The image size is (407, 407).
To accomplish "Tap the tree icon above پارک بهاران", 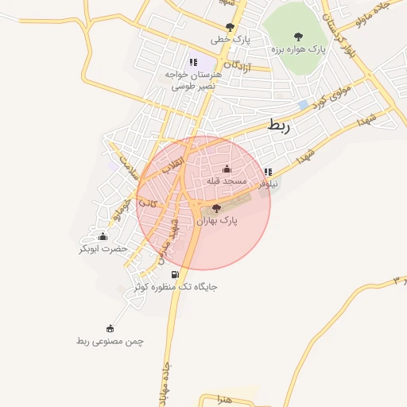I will (x=219, y=208).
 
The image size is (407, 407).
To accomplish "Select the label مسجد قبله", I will (x=227, y=181).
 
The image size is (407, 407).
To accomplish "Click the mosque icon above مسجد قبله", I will (x=227, y=169).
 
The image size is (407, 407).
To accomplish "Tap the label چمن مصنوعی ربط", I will (x=110, y=340).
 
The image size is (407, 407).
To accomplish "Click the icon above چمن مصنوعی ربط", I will (x=110, y=328).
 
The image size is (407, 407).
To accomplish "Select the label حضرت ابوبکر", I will (x=103, y=249).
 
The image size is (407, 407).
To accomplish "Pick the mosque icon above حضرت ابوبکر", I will (x=103, y=236).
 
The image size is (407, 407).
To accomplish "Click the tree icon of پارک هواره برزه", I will (x=298, y=36).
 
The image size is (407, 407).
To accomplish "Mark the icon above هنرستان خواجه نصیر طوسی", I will (x=192, y=61).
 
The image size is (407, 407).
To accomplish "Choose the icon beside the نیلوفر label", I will (x=268, y=172).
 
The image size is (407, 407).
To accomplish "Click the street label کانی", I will (x=149, y=203).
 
